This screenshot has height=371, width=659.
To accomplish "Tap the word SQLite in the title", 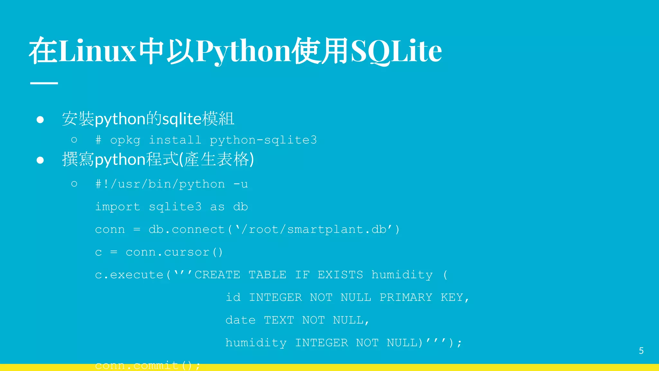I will [396, 51].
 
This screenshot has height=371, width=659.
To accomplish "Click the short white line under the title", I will [44, 83].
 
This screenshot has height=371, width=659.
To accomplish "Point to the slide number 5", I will [641, 351].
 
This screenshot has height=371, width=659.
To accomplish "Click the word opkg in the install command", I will [125, 140].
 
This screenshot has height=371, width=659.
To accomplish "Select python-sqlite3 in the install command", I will [263, 140].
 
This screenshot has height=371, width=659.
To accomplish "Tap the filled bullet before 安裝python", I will [40, 120].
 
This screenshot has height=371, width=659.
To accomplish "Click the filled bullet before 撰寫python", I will [40, 160].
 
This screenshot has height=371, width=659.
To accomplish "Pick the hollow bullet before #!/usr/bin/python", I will [74, 184].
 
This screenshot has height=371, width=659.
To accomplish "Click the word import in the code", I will [117, 207].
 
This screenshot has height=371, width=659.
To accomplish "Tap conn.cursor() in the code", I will [174, 252].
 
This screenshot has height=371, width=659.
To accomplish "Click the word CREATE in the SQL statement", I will [217, 275].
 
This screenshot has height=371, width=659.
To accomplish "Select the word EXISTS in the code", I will [340, 275].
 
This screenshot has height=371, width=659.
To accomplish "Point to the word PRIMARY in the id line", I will [406, 297].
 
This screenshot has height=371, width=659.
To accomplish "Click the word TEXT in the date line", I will [279, 320].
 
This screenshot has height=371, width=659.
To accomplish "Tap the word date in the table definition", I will [240, 320].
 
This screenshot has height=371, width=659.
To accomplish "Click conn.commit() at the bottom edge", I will [147, 366].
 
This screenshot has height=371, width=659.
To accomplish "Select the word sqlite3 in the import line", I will [175, 207].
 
